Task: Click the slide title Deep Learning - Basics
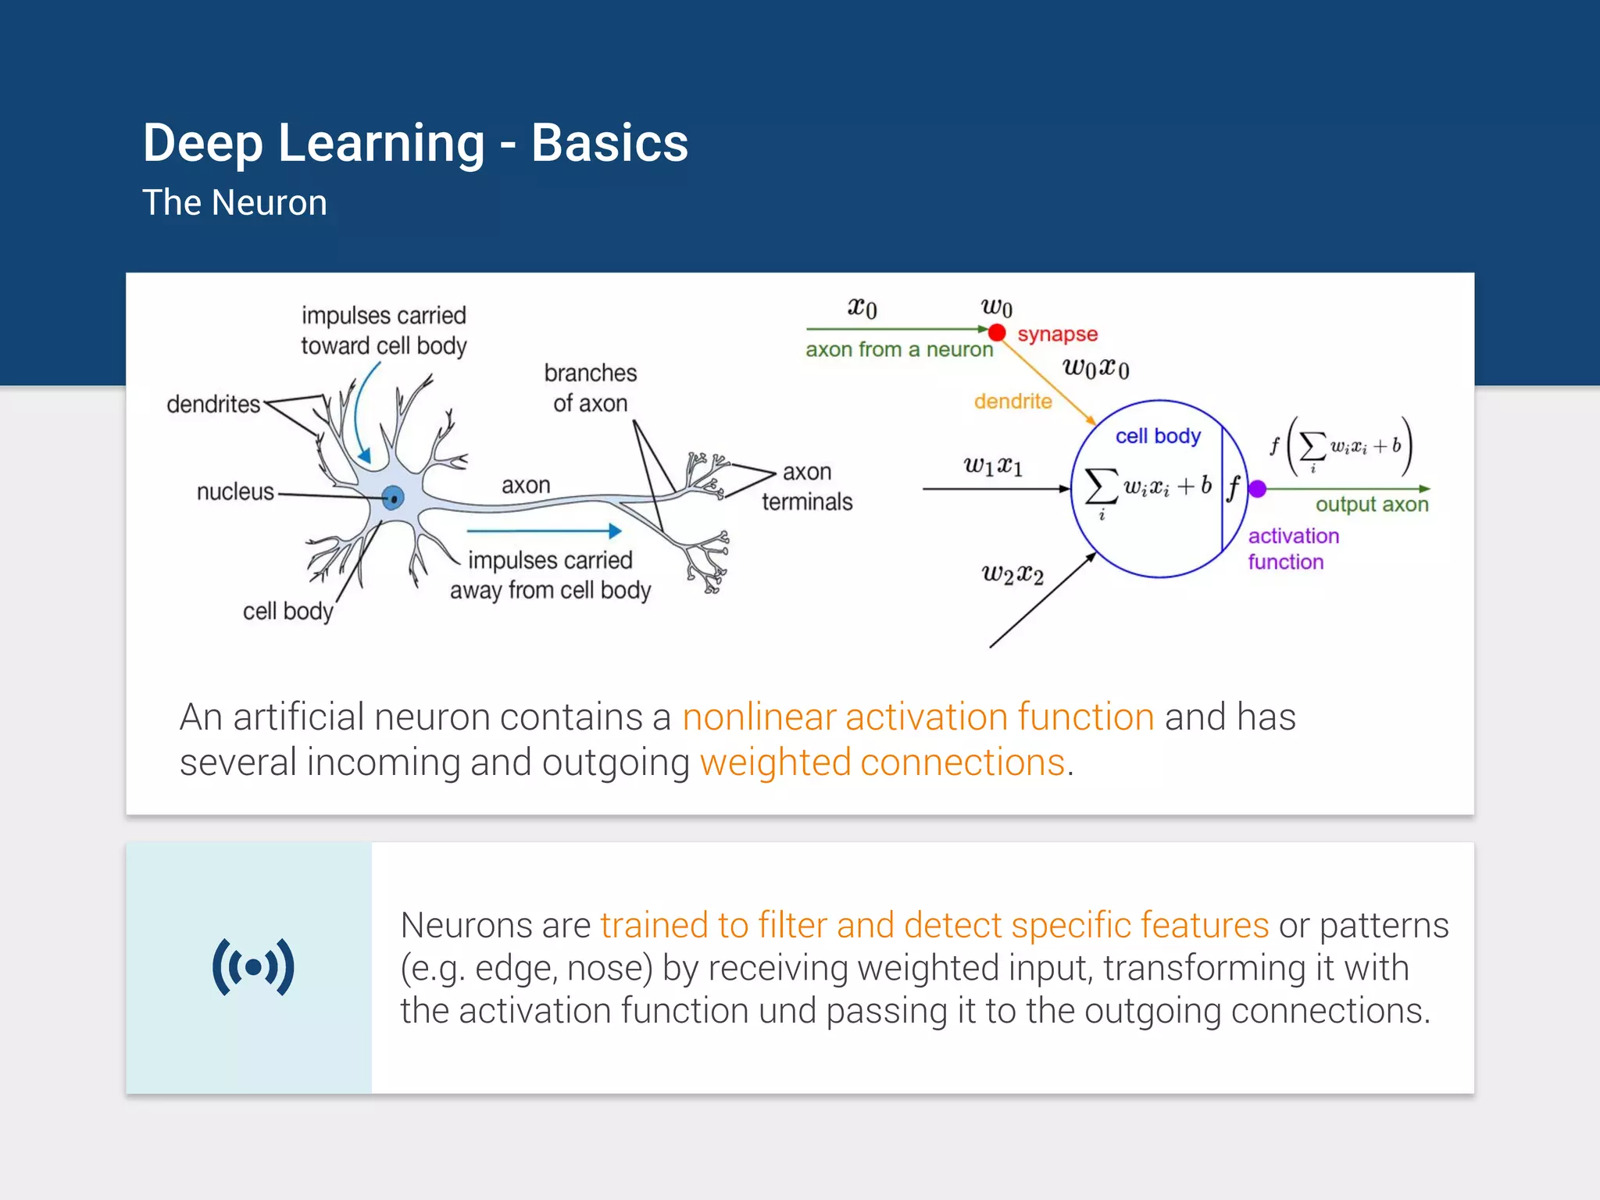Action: [x=415, y=143]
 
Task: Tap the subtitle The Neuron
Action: [x=234, y=203]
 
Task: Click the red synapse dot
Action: [x=997, y=333]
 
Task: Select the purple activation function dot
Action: [x=1257, y=489]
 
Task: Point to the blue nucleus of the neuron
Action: [x=394, y=497]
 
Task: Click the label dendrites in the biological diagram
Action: [x=213, y=404]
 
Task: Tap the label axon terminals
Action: [x=807, y=487]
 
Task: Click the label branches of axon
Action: [x=591, y=387]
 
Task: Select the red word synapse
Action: [x=1057, y=334]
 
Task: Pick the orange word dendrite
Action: [x=1012, y=402]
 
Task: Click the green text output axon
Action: [x=1371, y=505]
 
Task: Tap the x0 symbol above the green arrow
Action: [x=862, y=308]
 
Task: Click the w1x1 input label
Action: [x=992, y=466]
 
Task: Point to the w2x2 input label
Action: [x=1012, y=575]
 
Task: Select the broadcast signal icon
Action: [x=253, y=967]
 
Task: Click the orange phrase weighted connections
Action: [x=882, y=762]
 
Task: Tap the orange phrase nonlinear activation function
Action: [x=918, y=717]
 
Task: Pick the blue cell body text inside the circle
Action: [x=1158, y=436]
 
